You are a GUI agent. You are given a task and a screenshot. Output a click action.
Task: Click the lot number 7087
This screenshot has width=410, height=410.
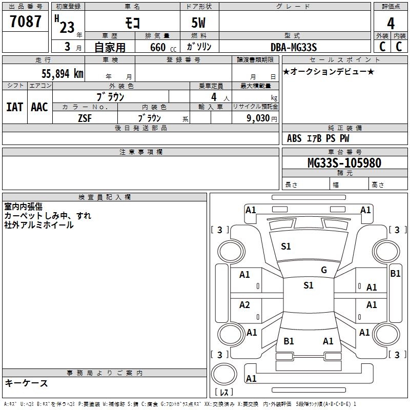(x=25, y=21)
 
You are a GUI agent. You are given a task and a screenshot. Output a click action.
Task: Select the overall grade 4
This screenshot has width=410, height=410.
(x=391, y=24)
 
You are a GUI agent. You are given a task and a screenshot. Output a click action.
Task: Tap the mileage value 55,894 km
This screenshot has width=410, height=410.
(x=63, y=74)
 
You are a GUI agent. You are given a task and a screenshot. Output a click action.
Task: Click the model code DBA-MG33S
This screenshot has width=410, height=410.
(x=294, y=47)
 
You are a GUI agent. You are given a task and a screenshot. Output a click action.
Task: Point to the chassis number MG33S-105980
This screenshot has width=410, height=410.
(x=344, y=162)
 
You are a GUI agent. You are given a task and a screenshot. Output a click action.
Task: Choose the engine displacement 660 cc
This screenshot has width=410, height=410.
(x=163, y=47)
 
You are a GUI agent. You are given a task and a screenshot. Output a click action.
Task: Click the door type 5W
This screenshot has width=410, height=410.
(x=198, y=23)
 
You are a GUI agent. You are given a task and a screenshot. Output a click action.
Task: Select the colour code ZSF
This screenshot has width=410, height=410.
(x=85, y=118)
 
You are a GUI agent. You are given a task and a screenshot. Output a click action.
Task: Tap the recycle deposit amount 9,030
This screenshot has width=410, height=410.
(x=258, y=118)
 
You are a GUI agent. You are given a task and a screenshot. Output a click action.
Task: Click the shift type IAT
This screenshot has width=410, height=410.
(x=15, y=107)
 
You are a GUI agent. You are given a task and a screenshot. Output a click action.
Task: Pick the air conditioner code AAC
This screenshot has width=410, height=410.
(x=39, y=107)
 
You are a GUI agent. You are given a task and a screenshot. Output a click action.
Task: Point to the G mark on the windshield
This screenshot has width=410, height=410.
(x=324, y=270)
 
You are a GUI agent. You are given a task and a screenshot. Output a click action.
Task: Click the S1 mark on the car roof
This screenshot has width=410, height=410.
(x=309, y=285)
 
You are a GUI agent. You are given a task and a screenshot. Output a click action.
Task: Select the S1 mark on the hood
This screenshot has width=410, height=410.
(x=286, y=247)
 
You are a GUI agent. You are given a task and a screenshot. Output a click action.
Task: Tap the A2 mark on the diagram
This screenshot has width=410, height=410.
(x=244, y=305)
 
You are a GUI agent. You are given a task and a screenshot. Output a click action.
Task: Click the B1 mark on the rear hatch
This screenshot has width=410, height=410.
(x=289, y=341)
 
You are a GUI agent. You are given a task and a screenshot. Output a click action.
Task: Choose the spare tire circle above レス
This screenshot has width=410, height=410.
(x=224, y=374)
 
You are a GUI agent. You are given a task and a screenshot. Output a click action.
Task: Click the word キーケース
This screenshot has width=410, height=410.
(x=27, y=383)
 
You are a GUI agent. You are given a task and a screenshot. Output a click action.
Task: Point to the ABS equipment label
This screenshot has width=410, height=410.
(x=294, y=138)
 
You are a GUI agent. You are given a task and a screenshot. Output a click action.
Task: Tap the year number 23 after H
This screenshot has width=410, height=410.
(x=67, y=27)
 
